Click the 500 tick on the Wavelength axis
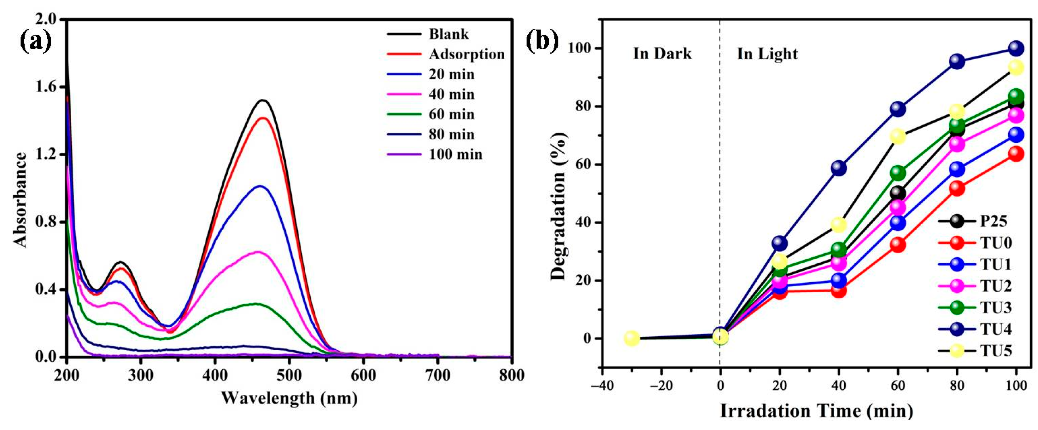point(289,375)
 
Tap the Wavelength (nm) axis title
point(289,398)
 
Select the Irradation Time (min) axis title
point(816,411)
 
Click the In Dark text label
point(662,54)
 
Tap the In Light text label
point(767,54)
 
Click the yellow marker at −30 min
point(632,339)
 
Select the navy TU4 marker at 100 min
point(1016,48)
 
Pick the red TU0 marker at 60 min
point(898,245)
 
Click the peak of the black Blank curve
point(263,100)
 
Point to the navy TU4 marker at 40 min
point(839,168)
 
